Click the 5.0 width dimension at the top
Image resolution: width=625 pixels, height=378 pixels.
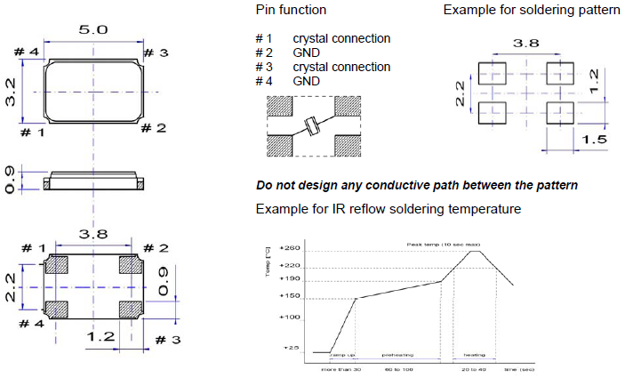(92, 30)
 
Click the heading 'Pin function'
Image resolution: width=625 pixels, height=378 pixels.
(290, 11)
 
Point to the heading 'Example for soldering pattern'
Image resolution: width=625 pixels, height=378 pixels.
(531, 11)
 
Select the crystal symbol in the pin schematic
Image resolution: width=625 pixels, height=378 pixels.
(313, 125)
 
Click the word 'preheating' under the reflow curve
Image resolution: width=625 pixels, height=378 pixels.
(397, 354)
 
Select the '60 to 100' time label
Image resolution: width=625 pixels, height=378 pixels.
(398, 367)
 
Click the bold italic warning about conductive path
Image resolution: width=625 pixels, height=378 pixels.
(416, 185)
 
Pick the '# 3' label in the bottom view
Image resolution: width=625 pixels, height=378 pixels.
(168, 339)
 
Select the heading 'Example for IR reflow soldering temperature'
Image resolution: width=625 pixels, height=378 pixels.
(388, 208)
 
